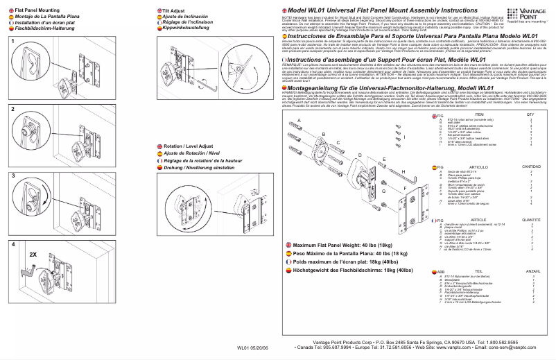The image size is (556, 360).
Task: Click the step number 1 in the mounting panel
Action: click(x=12, y=42)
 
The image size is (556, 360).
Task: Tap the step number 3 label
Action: click(x=12, y=178)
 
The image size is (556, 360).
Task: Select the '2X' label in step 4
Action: click(x=33, y=255)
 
